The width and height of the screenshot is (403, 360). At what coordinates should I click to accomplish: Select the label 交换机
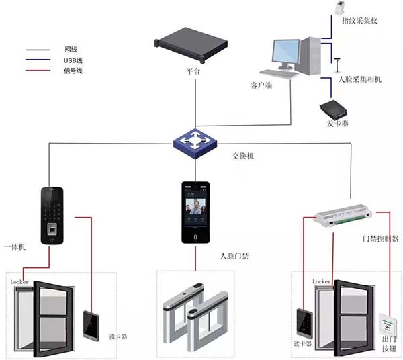[243, 156]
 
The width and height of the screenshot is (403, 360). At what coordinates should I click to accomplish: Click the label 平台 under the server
[194, 71]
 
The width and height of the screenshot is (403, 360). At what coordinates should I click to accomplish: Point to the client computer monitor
[285, 55]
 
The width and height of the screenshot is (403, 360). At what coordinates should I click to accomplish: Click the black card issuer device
[334, 109]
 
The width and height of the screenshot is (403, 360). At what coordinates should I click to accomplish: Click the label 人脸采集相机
[359, 79]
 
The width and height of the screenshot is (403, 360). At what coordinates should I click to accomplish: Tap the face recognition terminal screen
[195, 206]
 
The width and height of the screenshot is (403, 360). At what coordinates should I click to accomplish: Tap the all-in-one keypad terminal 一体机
[54, 214]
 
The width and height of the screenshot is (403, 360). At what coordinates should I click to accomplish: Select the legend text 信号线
[73, 71]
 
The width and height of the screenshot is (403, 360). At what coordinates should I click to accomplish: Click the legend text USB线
[73, 60]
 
